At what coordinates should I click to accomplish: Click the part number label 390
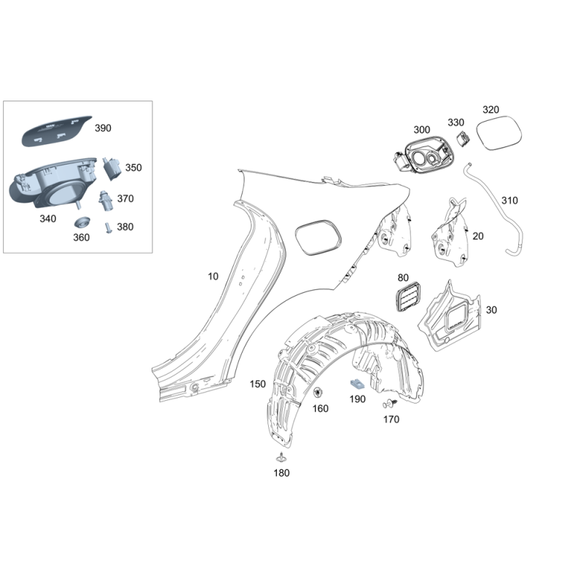pos(103,128)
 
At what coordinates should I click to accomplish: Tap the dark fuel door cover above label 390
pos(56,131)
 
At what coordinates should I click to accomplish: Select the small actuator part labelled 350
pos(111,168)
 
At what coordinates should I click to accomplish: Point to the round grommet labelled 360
pos(82,222)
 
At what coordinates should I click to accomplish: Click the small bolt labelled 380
pos(108,227)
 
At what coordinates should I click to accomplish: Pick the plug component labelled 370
pos(106,201)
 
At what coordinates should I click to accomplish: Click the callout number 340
pos(48,219)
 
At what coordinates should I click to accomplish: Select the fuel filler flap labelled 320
pos(499,133)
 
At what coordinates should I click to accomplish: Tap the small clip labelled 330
pos(463,138)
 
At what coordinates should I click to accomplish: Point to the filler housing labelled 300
pos(424,154)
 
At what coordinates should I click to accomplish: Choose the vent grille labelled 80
pos(407,297)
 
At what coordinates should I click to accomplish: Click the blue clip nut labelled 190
pos(357,385)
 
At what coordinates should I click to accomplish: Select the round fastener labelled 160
pos(318,393)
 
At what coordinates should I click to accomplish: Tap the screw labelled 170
pos(389,404)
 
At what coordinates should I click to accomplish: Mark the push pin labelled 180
pos(281,458)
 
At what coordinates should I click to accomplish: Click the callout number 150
pos(258,384)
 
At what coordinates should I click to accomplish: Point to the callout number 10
pos(213,276)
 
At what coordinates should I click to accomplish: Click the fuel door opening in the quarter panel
pos(318,238)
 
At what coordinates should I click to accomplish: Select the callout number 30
pos(491,310)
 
